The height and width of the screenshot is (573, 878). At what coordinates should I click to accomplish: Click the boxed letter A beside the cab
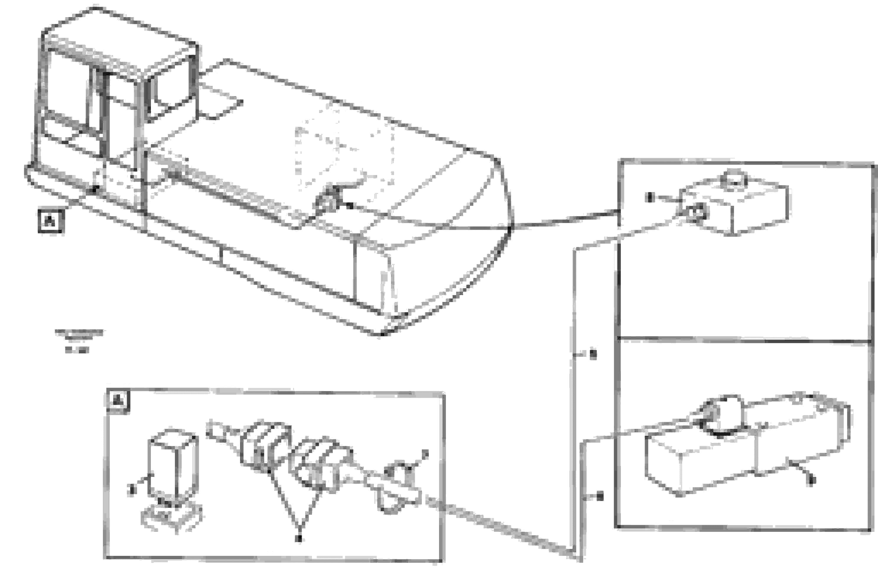(51, 221)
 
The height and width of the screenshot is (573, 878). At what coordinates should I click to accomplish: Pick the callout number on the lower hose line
(600, 497)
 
